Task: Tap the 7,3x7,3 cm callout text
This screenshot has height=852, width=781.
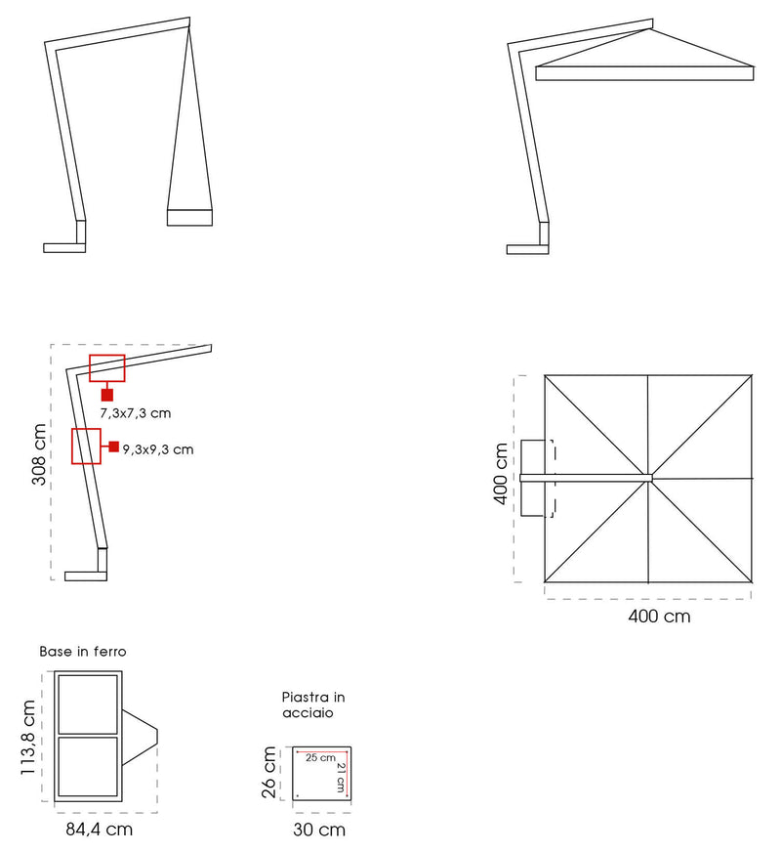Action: (136, 414)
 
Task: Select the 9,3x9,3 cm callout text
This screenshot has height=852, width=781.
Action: (158, 449)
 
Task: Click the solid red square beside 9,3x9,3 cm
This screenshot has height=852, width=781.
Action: (114, 447)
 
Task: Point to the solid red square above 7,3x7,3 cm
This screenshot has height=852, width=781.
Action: (107, 395)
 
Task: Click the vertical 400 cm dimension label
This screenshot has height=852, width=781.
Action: (501, 474)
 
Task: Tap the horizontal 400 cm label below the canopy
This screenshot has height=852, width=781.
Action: (659, 617)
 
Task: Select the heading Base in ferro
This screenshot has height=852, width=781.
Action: (83, 651)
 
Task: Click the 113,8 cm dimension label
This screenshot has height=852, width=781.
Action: (29, 738)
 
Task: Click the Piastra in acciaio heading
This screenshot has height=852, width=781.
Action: (312, 705)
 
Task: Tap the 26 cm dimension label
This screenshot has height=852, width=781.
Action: (269, 773)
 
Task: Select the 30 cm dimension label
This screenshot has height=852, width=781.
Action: (319, 830)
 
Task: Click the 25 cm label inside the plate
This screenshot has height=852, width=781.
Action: (320, 758)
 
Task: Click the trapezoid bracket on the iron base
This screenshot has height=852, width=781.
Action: (139, 734)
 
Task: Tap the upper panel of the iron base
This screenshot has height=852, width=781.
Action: (88, 703)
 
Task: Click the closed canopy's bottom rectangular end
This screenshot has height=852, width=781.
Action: (189, 217)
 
